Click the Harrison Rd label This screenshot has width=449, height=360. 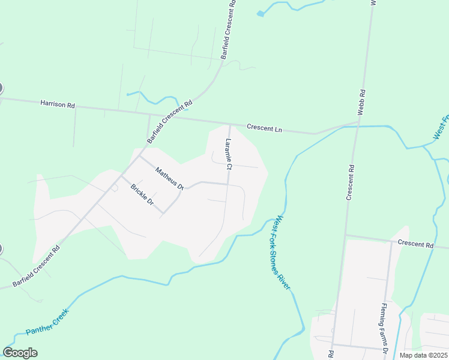click(58, 104)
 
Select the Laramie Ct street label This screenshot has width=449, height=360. click(229, 153)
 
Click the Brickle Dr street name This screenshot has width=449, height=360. click(142, 196)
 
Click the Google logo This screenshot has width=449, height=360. click(20, 353)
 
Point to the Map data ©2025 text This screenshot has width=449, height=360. click(422, 355)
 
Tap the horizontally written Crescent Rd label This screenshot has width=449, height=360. click(415, 244)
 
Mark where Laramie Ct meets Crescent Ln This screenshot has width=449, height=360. click(230, 124)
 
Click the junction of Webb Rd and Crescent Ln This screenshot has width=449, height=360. click(358, 125)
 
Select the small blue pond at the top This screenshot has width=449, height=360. click(260, 13)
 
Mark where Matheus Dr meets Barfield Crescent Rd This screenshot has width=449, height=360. click(140, 157)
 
